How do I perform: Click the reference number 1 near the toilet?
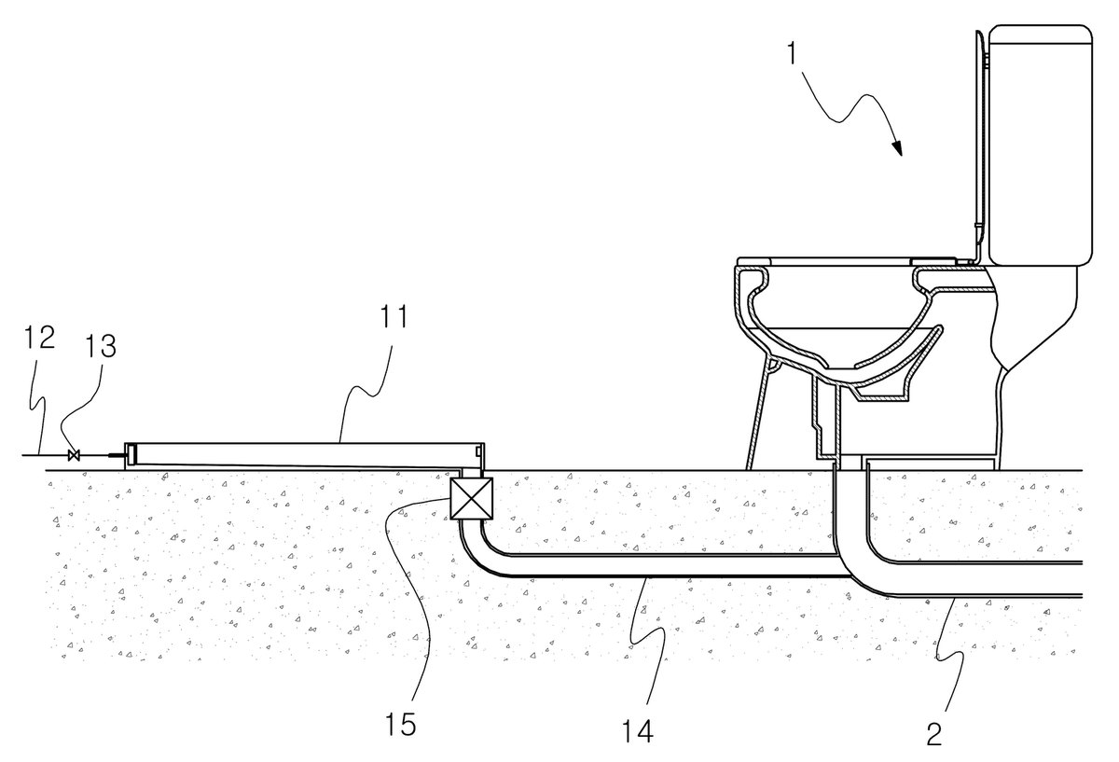pos(791,54)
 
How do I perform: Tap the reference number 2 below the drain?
pos(933,733)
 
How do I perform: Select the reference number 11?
pos(394,316)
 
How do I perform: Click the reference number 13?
pos(101,345)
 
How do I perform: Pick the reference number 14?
pos(638,731)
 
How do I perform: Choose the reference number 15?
pos(400,724)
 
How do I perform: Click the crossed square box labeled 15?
pos(471,498)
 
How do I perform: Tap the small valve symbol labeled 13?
pos(74,455)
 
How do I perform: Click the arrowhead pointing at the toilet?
pos(897,147)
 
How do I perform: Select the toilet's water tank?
pos(1040,145)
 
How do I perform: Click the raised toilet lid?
pos(980,145)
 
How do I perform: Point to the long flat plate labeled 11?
pos(304,456)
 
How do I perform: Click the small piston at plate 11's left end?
pos(132,456)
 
